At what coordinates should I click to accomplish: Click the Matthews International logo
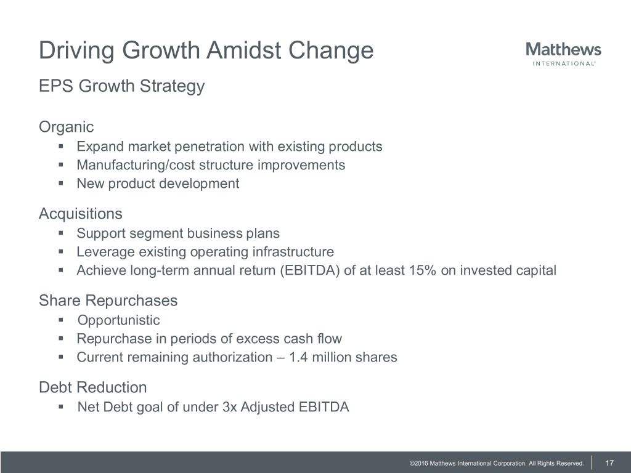tap(563, 54)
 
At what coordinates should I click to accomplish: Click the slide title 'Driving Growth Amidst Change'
tap(206, 51)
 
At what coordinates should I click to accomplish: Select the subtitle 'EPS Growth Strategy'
tap(121, 86)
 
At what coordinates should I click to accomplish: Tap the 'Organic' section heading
tap(67, 127)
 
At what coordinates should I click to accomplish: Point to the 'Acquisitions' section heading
tap(81, 214)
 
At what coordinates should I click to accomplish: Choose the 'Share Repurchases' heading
tap(108, 301)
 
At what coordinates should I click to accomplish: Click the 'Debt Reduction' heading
tap(93, 387)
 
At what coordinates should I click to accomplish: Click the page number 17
tap(609, 463)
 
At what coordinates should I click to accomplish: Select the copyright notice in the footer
tap(497, 463)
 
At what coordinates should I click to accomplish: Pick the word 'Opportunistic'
tap(119, 320)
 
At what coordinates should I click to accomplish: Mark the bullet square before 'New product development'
tap(61, 184)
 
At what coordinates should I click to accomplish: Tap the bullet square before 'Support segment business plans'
tap(61, 233)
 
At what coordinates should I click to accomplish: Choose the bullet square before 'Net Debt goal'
tap(61, 406)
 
